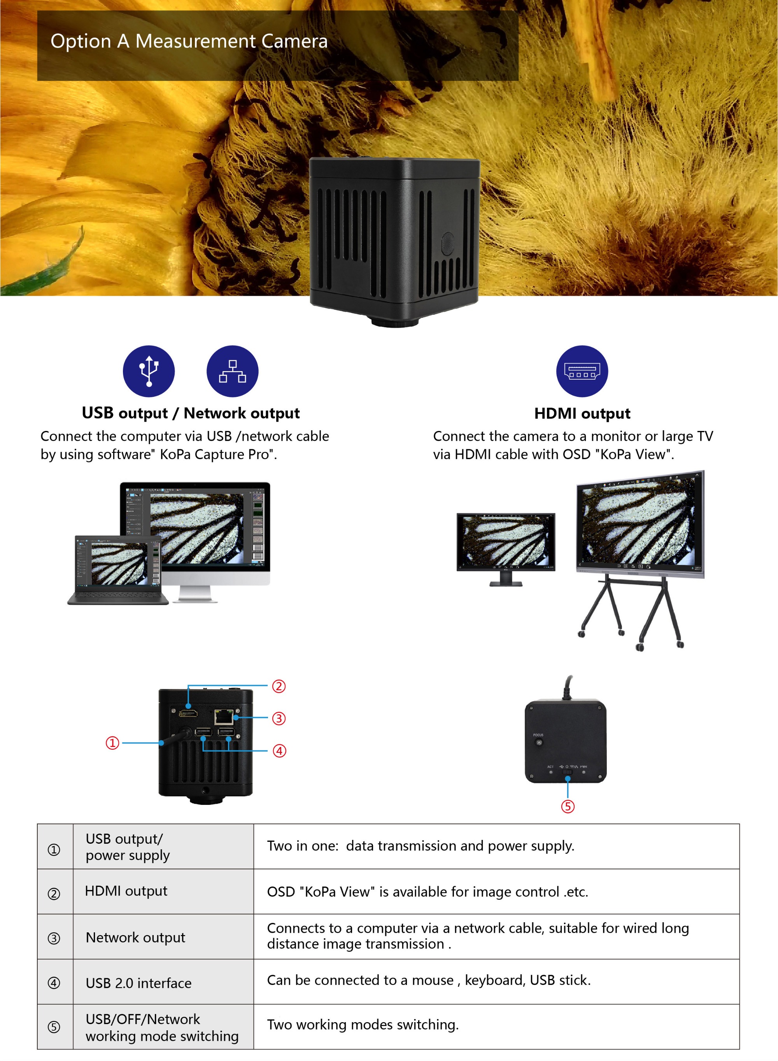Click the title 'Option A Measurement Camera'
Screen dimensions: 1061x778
pos(189,42)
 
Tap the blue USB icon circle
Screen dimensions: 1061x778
pos(149,371)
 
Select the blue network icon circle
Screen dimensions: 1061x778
pos(232,371)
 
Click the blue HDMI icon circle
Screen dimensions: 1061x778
pos(582,371)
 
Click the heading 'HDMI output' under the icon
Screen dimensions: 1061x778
pos(582,413)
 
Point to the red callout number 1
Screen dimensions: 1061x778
pos(112,743)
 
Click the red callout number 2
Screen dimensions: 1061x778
pos(279,686)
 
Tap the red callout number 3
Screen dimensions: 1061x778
pos(279,719)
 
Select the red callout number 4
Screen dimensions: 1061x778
pos(279,751)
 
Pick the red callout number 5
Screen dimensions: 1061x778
pos(568,806)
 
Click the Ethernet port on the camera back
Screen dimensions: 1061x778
pos(224,717)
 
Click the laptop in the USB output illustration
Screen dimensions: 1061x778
pos(118,569)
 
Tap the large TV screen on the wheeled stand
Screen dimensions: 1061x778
pos(640,523)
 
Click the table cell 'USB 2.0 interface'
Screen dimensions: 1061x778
pos(138,983)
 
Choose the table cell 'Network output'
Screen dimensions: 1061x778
pos(136,937)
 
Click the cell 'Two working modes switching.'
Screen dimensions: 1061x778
pos(363,1025)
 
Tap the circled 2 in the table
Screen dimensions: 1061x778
pos(54,893)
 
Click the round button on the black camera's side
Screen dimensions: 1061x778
pos(447,244)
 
